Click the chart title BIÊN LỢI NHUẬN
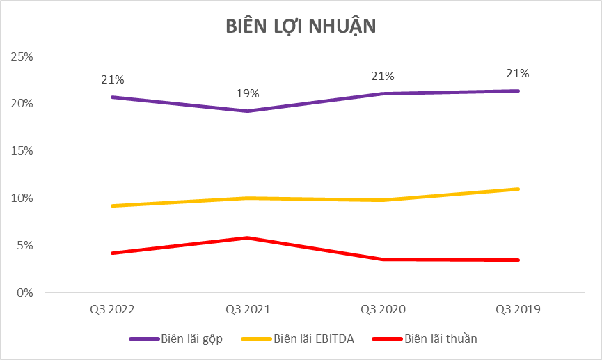[301, 26]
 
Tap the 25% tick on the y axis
[23, 56]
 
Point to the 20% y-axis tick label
[23, 103]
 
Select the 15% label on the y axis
[23, 150]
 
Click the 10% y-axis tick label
[23, 198]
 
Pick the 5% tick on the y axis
[25, 245]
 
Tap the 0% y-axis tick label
[25, 292]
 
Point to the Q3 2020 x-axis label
[383, 309]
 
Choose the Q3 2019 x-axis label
[518, 309]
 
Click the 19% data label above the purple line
[247, 93]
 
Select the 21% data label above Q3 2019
[518, 73]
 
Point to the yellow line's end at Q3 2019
[518, 189]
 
